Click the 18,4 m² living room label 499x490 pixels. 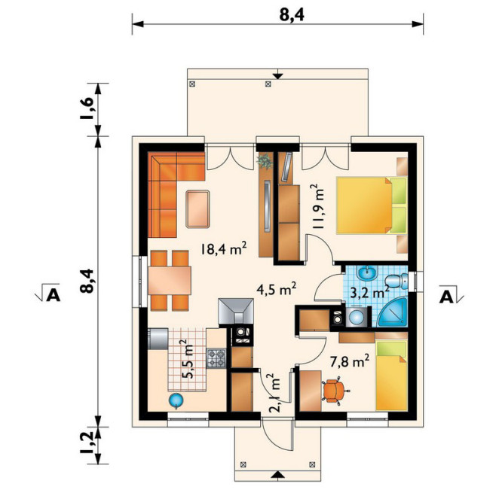click(x=224, y=248)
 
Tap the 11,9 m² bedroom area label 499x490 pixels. click(x=318, y=206)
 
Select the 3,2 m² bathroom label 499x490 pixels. click(x=369, y=292)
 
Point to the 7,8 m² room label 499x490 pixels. click(x=350, y=361)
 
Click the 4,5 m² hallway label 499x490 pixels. click(x=276, y=289)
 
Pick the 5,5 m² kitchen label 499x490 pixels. click(x=188, y=359)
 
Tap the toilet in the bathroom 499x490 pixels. click(x=396, y=282)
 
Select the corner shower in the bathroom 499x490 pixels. click(x=392, y=312)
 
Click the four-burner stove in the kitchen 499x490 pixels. click(x=216, y=358)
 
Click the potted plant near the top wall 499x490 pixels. click(x=265, y=160)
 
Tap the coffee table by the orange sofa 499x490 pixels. click(x=198, y=208)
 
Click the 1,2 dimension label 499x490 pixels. click(x=86, y=443)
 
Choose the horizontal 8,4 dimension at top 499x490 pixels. click(x=292, y=15)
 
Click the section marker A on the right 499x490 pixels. click(x=446, y=297)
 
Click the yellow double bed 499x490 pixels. click(x=372, y=205)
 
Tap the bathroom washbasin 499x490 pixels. click(x=367, y=273)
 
